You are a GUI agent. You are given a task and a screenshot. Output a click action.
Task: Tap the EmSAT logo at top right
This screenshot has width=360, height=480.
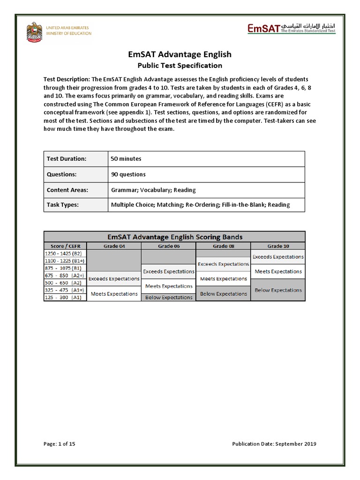[291, 30]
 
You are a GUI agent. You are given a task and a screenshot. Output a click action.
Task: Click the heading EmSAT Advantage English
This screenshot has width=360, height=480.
[180, 54]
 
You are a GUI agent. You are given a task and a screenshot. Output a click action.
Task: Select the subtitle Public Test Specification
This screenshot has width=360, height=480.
[180, 66]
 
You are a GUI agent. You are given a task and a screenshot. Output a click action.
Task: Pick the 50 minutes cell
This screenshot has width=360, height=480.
[126, 159]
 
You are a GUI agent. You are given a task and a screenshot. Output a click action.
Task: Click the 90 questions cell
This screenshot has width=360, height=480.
[128, 174]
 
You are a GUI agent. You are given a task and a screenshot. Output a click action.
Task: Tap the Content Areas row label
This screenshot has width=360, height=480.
[67, 190]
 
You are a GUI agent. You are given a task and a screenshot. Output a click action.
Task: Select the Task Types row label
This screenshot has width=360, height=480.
[63, 204]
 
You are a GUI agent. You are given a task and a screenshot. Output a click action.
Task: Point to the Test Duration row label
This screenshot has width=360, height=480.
[67, 159]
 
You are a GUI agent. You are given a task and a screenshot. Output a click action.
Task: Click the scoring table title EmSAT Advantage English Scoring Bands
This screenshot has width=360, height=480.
[174, 237]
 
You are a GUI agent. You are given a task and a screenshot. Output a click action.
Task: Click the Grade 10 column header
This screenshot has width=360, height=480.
[277, 246]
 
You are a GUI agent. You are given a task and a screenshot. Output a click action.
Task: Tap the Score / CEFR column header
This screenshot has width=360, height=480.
[65, 246]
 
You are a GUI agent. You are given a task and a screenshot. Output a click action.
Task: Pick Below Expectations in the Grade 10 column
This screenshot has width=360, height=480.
[278, 290]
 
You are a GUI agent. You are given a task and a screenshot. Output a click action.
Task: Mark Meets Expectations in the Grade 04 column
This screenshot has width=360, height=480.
[114, 294]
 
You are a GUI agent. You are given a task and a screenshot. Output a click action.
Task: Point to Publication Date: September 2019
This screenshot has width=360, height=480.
[274, 444]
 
